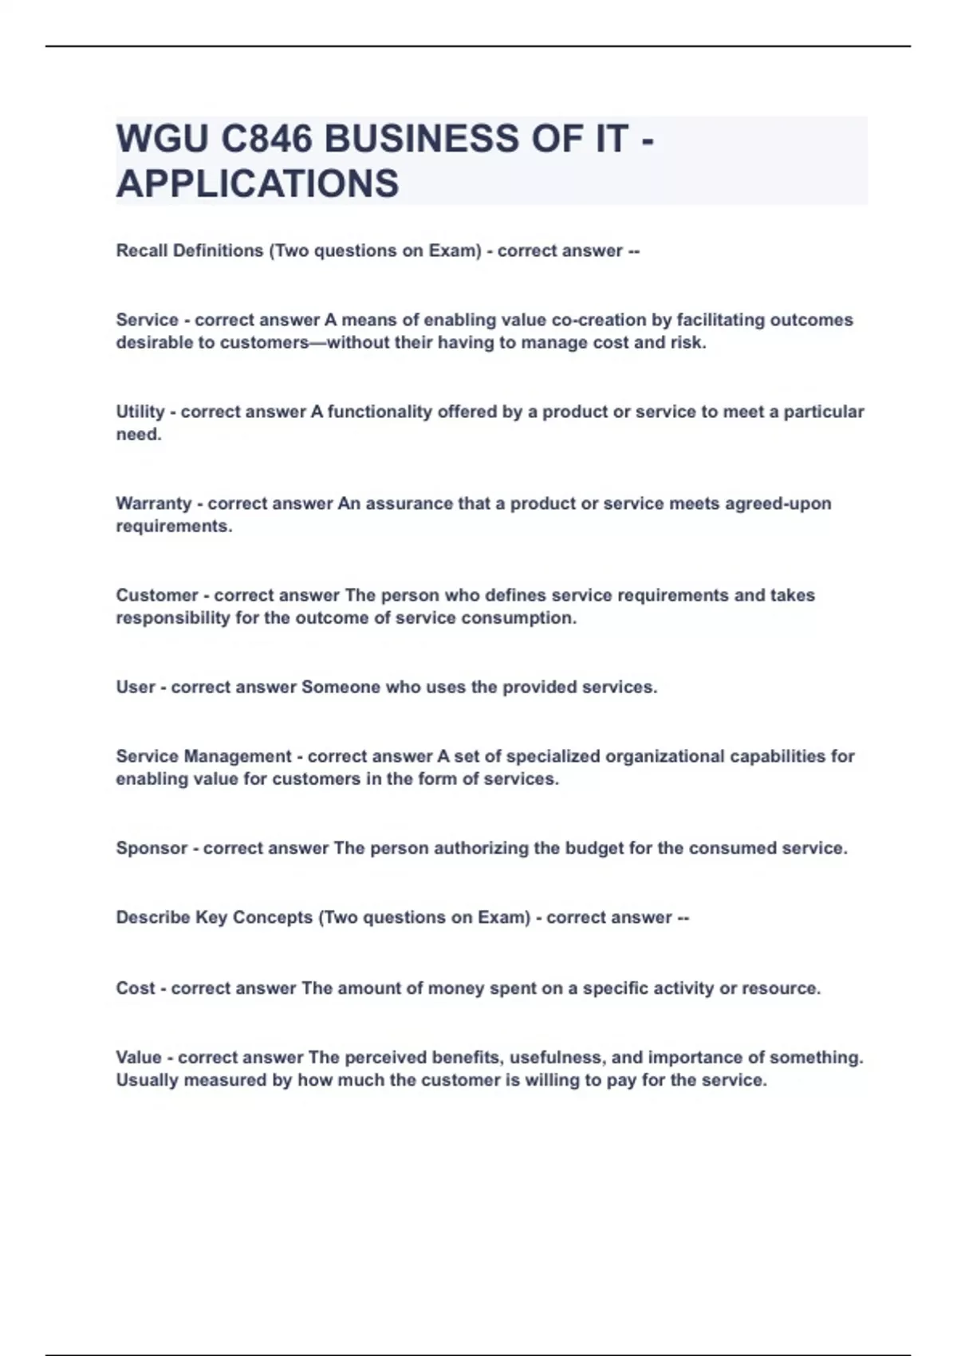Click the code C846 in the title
coord(266,139)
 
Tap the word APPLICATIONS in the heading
coord(257,183)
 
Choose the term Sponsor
coord(152,848)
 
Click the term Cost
coord(135,988)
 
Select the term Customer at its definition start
coord(156,595)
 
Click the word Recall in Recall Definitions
coord(142,250)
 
